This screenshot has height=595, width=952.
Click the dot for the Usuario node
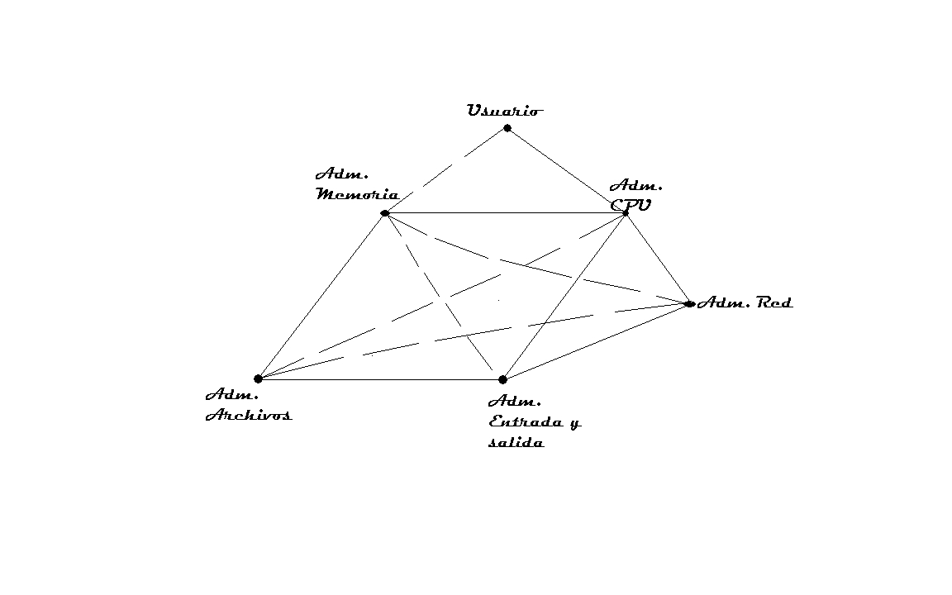[x=507, y=128]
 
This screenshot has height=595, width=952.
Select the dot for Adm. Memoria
[x=385, y=213]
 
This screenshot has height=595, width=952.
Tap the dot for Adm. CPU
[x=626, y=213]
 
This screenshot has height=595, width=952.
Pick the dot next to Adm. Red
[x=689, y=304]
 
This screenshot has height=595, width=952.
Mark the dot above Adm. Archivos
[x=258, y=378]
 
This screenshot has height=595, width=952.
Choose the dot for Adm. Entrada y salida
[x=502, y=379]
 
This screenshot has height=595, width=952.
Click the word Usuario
[x=505, y=111]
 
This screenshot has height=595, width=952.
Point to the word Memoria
[x=357, y=195]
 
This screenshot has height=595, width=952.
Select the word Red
[x=774, y=303]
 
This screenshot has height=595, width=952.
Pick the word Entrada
[x=526, y=422]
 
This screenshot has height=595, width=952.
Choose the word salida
[x=516, y=443]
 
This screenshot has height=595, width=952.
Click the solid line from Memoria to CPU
[x=504, y=213]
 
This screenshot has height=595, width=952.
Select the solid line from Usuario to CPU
[x=567, y=171]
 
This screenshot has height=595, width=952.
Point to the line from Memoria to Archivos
[x=321, y=296]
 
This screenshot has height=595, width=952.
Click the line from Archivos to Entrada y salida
[x=380, y=379]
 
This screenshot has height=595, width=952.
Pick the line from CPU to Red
[x=658, y=259]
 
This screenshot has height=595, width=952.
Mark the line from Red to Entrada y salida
[x=596, y=342]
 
